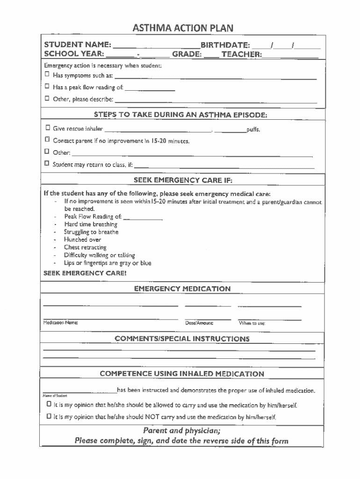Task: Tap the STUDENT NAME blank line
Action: pos(156,47)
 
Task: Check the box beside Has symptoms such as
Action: pos(47,75)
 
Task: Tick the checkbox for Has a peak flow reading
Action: pos(47,87)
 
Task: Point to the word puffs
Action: pos(253,130)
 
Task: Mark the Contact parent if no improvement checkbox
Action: pos(47,140)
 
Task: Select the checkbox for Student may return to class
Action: pos(47,164)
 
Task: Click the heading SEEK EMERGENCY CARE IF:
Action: pos(183,180)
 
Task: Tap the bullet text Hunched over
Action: pos(82,239)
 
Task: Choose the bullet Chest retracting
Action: pos(85,247)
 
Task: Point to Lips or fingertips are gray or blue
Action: pos(108,263)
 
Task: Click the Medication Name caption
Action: pos(61,323)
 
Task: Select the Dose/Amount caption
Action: pos(199,323)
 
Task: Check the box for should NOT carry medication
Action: pos(49,416)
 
